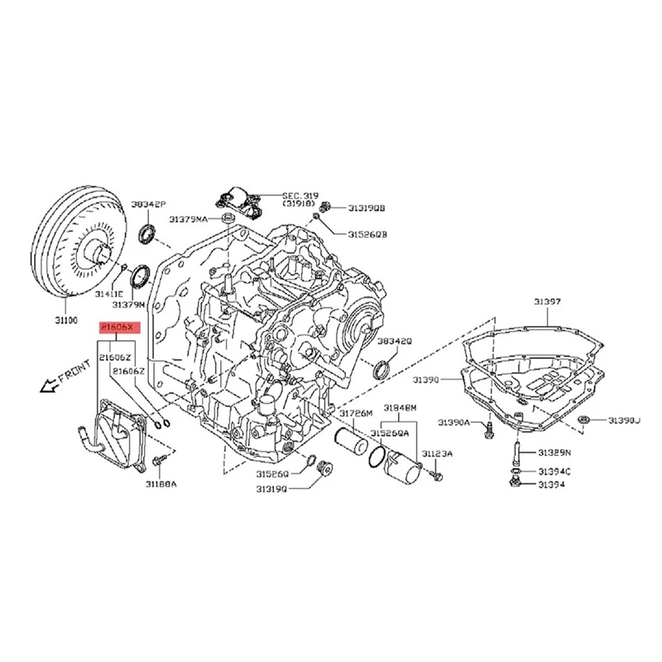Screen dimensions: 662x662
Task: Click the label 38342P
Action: (x=148, y=203)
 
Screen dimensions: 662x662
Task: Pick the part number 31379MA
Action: (x=189, y=219)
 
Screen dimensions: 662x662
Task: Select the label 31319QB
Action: (x=367, y=209)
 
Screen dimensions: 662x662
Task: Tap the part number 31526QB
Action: (x=367, y=234)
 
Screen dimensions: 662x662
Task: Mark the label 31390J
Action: (x=625, y=421)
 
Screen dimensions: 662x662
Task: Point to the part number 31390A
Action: (x=453, y=423)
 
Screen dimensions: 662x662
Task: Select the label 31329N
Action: (x=555, y=453)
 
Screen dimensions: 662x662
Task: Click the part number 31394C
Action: (x=555, y=471)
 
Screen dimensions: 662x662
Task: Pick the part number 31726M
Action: (x=357, y=412)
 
